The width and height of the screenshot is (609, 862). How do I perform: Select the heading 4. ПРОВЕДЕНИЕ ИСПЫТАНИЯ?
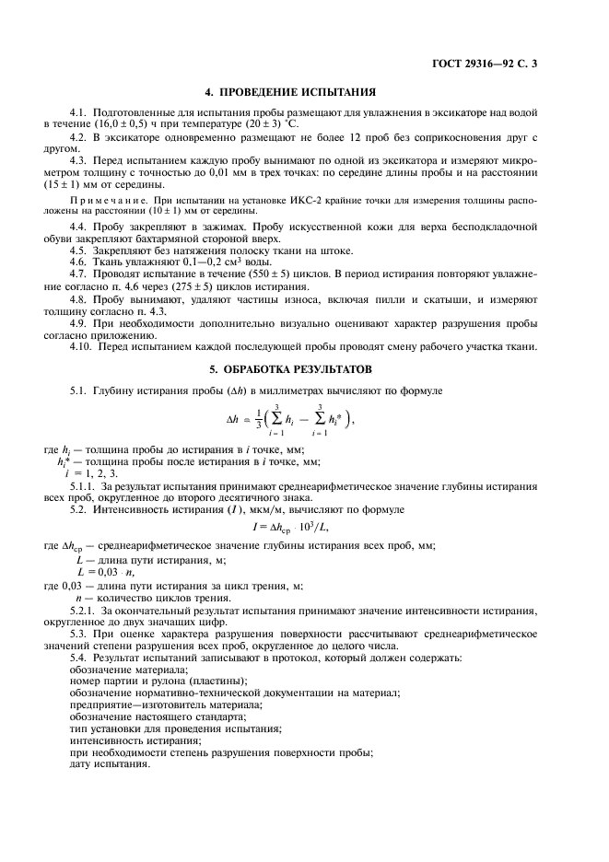[x=304, y=92]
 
